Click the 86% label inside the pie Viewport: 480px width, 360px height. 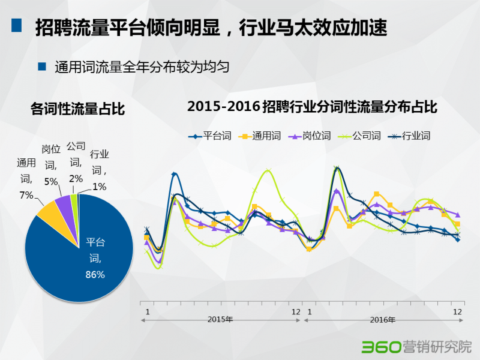(x=95, y=275)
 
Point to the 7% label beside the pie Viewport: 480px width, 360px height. (x=26, y=195)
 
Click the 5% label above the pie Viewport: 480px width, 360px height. (x=50, y=181)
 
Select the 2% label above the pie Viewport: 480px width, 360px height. (x=76, y=178)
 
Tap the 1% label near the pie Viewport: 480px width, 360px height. (x=100, y=187)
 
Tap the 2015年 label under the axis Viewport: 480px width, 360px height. (x=220, y=320)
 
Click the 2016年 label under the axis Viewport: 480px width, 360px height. (x=383, y=320)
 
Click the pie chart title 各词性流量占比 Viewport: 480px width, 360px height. (x=78, y=109)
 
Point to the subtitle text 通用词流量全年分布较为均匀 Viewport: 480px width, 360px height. (x=142, y=67)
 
